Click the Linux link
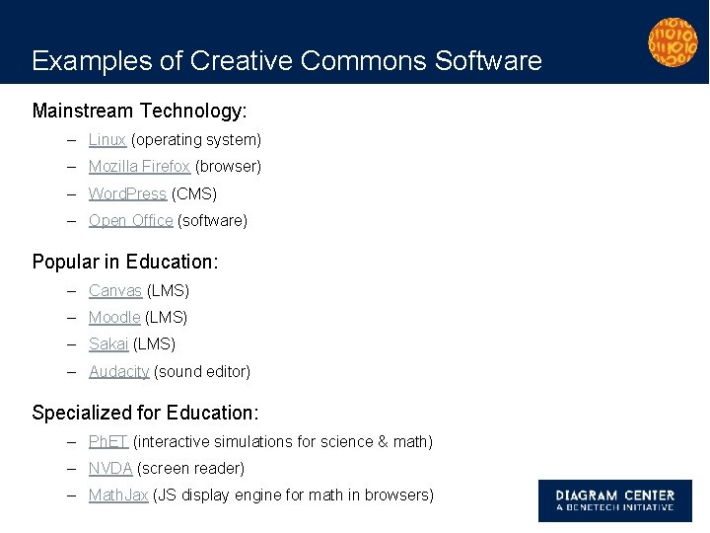107,140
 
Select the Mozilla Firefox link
139,167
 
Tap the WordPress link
127,193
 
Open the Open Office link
130,220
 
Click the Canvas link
115,290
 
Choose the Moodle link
114,317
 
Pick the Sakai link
108,343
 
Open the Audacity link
118,371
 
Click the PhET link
108,441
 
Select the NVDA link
110,468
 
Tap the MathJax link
118,495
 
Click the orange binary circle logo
672,42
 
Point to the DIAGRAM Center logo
614,500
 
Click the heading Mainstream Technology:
139,111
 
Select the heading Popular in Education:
125,262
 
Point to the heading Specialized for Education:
144,413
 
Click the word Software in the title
488,61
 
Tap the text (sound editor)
202,371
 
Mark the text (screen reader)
190,468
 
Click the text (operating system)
196,140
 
